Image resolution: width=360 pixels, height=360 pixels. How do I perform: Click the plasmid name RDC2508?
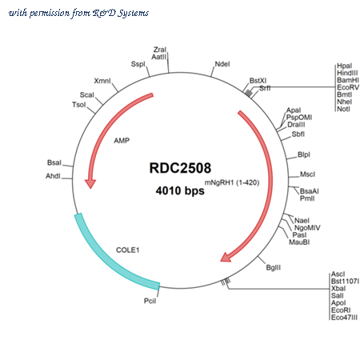point(180,168)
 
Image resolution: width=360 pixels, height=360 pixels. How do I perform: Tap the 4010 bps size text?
point(180,191)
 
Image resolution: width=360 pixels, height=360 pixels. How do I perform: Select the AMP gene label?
point(122,141)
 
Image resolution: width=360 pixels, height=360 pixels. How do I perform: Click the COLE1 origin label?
point(128,250)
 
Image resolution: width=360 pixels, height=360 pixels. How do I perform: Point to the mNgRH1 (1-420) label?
point(232,182)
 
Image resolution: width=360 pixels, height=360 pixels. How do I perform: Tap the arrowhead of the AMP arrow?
point(90,184)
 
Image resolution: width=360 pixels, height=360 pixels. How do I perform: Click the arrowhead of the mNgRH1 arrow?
point(226,258)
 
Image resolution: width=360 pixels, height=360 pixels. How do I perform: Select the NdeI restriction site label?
point(222,64)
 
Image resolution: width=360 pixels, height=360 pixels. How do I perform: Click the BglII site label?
point(274,267)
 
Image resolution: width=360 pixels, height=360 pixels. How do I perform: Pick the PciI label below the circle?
point(150,301)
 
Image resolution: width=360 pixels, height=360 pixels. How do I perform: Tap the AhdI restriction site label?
point(53,176)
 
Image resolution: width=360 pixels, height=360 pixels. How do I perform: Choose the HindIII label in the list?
point(347,73)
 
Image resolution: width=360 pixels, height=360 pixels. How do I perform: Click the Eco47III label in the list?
point(344,318)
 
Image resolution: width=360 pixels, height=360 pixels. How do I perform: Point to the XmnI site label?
point(102,81)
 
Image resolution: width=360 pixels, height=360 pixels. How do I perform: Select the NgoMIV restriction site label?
point(307,228)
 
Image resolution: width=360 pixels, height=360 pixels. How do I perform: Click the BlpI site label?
point(304,154)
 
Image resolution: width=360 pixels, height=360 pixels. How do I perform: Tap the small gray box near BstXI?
point(249,93)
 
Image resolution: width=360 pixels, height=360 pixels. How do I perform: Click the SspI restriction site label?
point(138,64)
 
